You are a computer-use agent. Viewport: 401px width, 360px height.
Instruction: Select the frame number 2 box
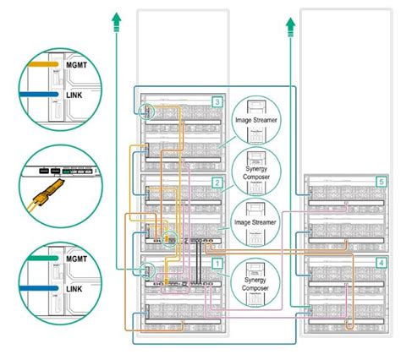pos(217,183)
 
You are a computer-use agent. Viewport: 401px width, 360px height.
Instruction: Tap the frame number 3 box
pos(217,102)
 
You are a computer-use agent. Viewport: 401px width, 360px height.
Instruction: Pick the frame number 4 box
pos(381,263)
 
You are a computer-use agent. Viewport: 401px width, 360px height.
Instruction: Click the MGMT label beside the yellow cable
pos(75,63)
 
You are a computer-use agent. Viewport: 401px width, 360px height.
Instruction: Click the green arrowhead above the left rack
pos(115,19)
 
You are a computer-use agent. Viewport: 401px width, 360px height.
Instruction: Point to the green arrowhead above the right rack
pos(292,19)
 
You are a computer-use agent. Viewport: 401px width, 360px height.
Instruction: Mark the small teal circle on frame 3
pos(149,110)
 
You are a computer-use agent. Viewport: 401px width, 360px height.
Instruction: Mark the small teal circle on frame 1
pos(149,272)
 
